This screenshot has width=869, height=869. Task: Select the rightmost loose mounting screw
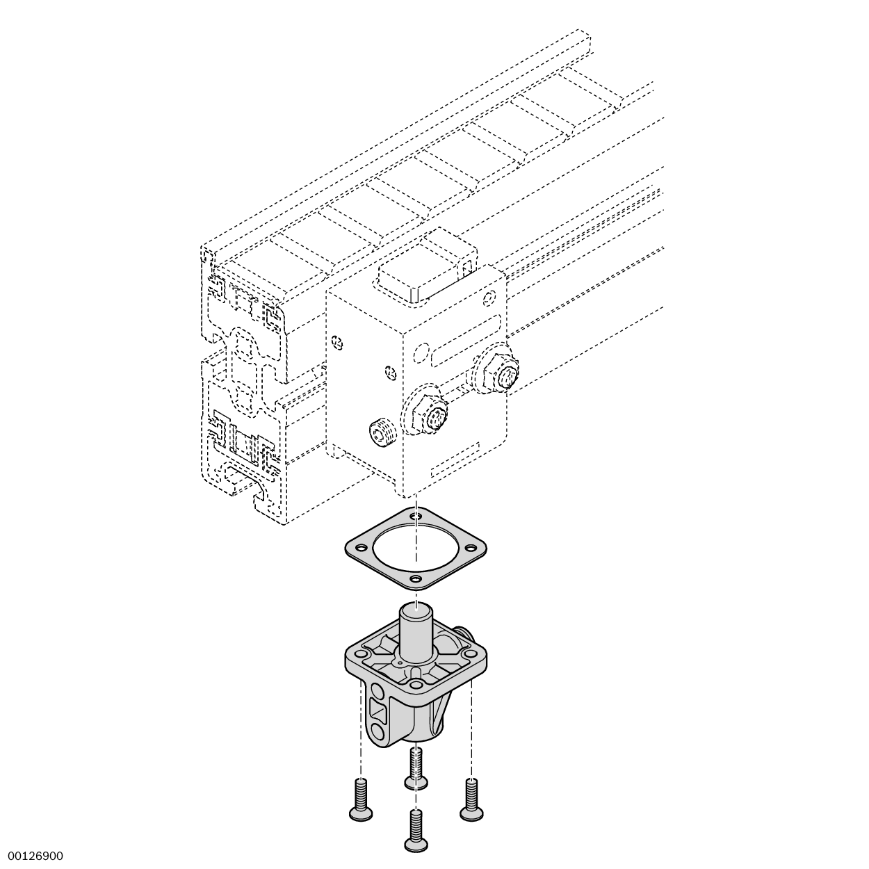click(471, 799)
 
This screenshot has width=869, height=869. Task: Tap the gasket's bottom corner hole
click(416, 578)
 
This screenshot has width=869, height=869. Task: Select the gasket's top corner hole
click(416, 517)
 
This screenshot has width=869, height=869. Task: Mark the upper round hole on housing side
click(377, 691)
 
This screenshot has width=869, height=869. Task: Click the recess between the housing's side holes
click(378, 711)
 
